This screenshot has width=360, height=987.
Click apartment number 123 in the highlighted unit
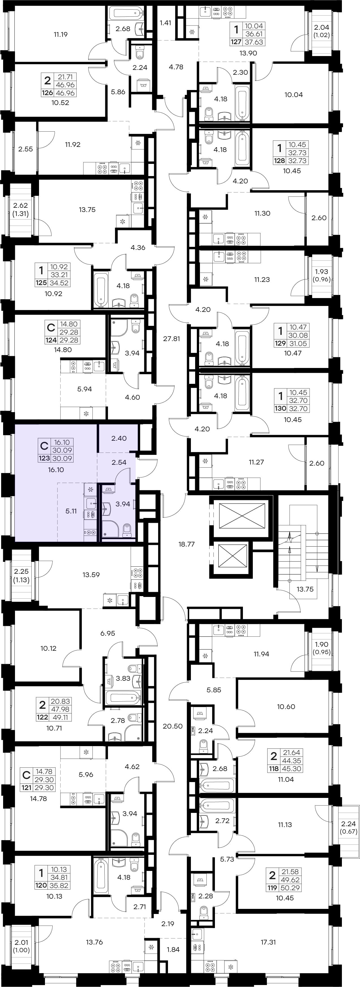click(44, 458)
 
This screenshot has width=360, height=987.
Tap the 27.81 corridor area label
click(171, 339)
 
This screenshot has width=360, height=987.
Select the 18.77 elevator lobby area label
click(187, 544)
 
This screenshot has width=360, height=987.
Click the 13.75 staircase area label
click(305, 589)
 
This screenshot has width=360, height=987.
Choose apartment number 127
click(236, 42)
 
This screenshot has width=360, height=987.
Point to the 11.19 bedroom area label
click(61, 35)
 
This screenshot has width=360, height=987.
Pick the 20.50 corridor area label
click(172, 726)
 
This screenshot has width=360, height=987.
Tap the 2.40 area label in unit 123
click(119, 438)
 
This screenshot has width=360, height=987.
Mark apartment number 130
click(280, 408)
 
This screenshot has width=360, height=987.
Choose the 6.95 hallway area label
click(108, 633)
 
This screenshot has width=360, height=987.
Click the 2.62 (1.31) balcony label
click(20, 209)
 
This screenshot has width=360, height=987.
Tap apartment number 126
click(48, 93)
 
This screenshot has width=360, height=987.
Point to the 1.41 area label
click(165, 23)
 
